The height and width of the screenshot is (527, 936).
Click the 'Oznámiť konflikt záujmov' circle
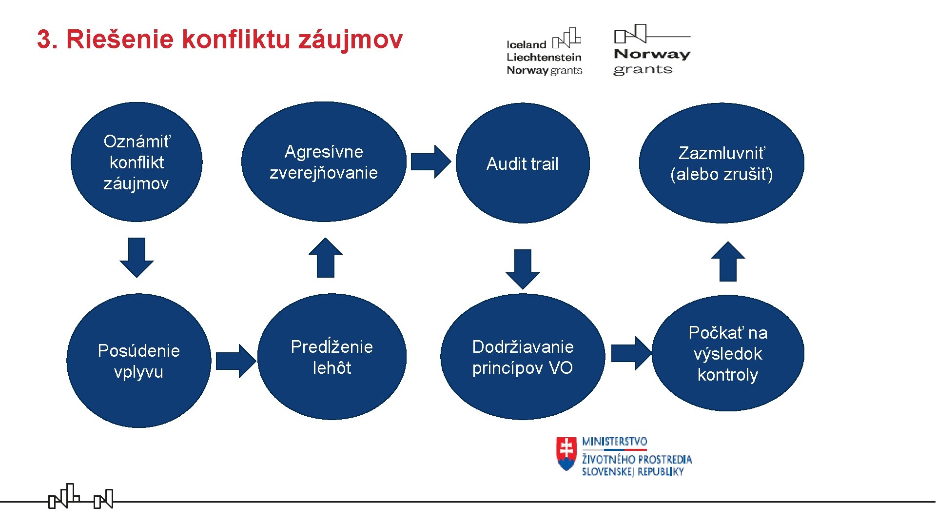(x=136, y=162)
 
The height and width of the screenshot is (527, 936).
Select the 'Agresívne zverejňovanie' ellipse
(x=324, y=162)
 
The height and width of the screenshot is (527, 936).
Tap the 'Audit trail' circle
(x=523, y=163)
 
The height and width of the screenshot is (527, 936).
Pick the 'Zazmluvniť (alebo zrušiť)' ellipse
(x=721, y=163)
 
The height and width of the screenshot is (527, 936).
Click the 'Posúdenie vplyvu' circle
(x=139, y=361)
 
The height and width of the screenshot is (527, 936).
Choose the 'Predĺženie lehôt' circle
(x=332, y=357)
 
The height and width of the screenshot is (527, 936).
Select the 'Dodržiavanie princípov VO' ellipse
(x=523, y=357)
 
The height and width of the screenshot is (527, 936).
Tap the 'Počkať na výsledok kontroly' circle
(x=728, y=353)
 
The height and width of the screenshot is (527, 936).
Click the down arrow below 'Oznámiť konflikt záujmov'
(x=136, y=257)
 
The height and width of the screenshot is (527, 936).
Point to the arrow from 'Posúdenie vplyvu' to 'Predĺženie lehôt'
(x=235, y=361)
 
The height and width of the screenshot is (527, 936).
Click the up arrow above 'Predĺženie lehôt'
(x=326, y=258)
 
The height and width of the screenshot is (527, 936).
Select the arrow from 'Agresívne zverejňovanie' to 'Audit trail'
(x=430, y=162)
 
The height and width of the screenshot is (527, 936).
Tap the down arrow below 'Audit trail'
(x=523, y=269)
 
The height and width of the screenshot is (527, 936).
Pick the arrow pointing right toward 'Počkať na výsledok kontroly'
(x=631, y=353)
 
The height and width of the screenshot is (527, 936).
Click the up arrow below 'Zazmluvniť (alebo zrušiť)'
(x=728, y=262)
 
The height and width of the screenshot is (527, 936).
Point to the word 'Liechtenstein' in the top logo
(x=544, y=58)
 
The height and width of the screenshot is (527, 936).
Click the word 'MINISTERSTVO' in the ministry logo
(x=614, y=442)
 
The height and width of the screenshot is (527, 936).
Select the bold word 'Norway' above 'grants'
(x=652, y=54)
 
